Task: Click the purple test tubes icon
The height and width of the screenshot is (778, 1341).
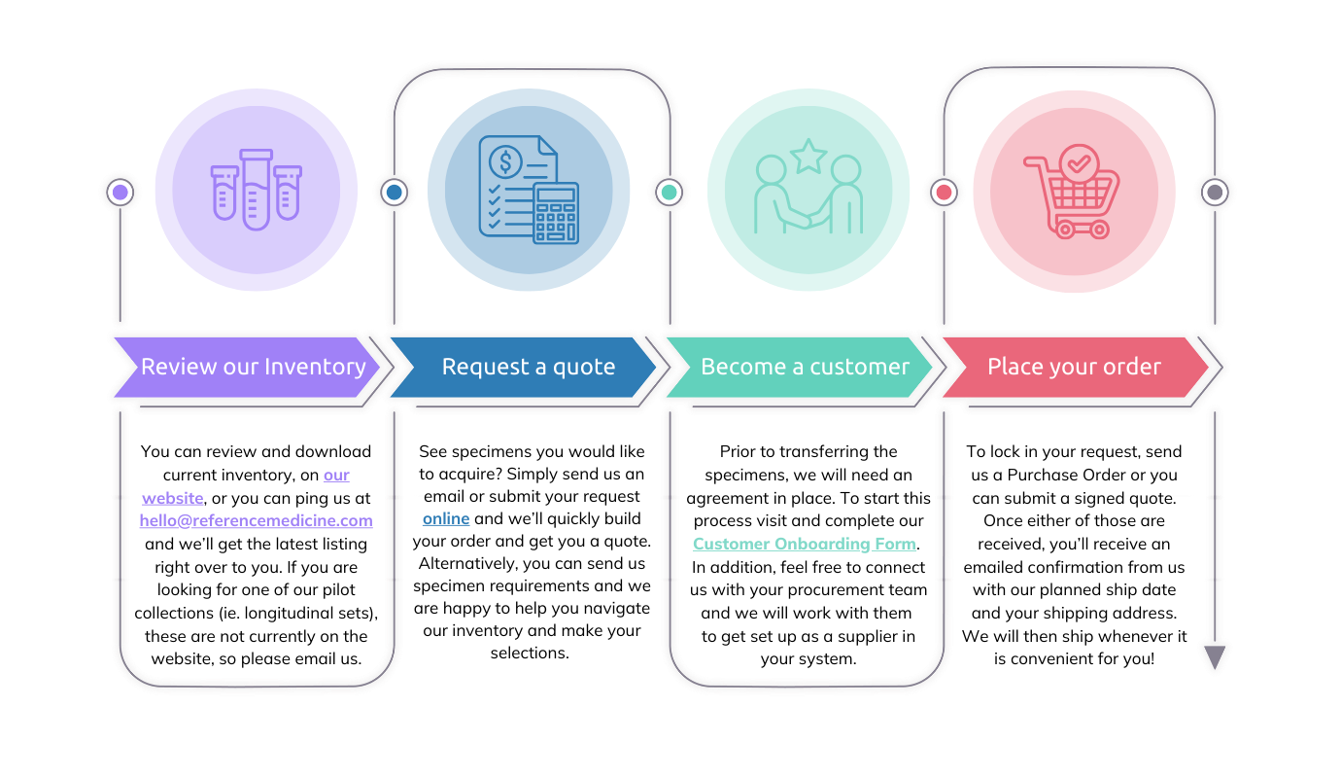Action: click(256, 190)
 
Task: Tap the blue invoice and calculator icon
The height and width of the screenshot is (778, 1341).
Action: click(529, 190)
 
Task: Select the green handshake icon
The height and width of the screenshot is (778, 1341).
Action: click(808, 193)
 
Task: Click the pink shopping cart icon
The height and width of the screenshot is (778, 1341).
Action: click(1073, 192)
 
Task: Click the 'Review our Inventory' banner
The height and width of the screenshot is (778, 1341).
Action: click(253, 367)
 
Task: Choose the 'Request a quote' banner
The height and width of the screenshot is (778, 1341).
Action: click(528, 367)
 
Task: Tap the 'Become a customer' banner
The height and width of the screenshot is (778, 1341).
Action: click(805, 367)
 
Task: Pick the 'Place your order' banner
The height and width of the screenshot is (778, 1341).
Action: click(1074, 367)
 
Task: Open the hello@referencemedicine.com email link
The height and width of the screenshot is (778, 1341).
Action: click(256, 520)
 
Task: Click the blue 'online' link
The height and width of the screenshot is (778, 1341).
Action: click(446, 518)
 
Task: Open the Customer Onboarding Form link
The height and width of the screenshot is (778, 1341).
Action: click(804, 544)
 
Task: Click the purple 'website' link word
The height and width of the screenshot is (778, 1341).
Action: click(173, 498)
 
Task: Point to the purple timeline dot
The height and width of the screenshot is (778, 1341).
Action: click(120, 192)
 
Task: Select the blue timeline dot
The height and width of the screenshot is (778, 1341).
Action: click(395, 192)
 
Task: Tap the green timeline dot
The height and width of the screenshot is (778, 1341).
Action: click(669, 192)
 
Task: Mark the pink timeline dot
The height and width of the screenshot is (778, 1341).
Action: click(943, 192)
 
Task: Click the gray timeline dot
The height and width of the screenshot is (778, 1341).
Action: click(1214, 192)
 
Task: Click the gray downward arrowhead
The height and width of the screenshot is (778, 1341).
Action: click(1214, 657)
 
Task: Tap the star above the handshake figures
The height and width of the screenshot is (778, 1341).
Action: click(808, 156)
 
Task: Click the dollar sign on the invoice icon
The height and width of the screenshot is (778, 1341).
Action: click(505, 159)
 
